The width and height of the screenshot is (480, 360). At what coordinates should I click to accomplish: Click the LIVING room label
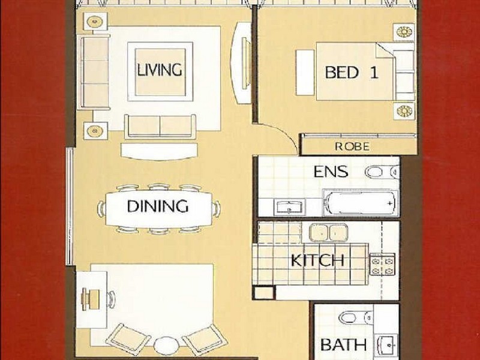pos(160,70)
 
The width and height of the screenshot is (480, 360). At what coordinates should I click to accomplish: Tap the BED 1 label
pos(352,73)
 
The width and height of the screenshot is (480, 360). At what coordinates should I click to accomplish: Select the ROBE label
pos(352,146)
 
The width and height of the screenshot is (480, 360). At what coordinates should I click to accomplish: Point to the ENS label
pos(331,172)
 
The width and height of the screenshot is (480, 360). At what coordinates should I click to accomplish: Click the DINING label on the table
pos(158,206)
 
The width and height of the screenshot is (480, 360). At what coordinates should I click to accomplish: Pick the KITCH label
pos(317,261)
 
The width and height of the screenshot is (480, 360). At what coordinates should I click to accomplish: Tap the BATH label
pos(343,345)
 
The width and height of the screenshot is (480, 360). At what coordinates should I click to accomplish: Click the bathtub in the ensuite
pos(361,202)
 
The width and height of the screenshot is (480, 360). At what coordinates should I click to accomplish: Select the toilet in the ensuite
pos(382,172)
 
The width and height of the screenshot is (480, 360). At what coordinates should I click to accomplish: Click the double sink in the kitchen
pos(328,232)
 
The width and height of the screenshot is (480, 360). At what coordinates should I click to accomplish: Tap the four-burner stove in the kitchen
pos(382,265)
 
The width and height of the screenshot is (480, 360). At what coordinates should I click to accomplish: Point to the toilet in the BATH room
pos(356,318)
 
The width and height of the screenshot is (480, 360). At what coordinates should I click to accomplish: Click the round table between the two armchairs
pos(166,346)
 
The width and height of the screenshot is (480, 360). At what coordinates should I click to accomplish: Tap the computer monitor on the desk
pos(85,299)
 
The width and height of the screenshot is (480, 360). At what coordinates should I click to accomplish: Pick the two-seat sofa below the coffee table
pos(160,126)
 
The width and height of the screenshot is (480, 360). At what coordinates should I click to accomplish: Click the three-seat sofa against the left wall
pos(94,72)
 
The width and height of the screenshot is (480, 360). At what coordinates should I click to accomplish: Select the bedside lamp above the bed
pos(404,32)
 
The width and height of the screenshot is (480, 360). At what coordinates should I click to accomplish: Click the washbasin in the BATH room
pos(387,344)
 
